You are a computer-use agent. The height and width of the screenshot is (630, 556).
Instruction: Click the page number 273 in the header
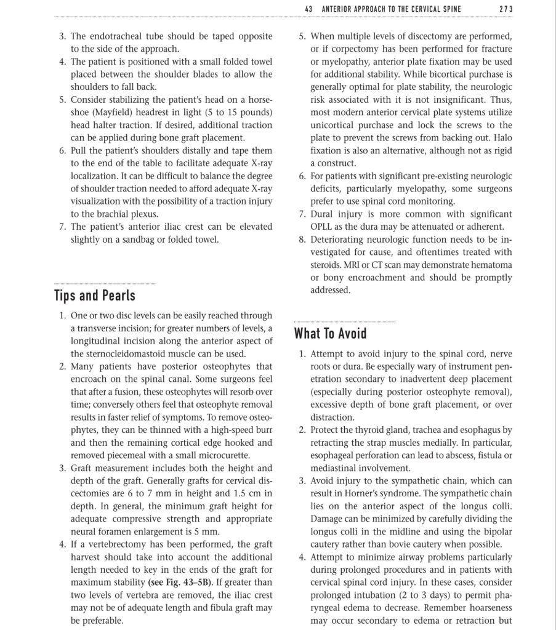[506, 9]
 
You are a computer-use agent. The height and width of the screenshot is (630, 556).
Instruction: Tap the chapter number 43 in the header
[310, 9]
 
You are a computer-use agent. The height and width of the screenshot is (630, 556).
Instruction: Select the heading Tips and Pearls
[95, 295]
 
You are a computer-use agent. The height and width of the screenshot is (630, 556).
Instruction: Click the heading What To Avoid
[330, 333]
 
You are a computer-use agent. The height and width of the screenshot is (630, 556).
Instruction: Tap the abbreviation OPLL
[322, 227]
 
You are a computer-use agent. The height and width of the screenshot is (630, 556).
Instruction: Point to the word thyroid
[371, 430]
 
